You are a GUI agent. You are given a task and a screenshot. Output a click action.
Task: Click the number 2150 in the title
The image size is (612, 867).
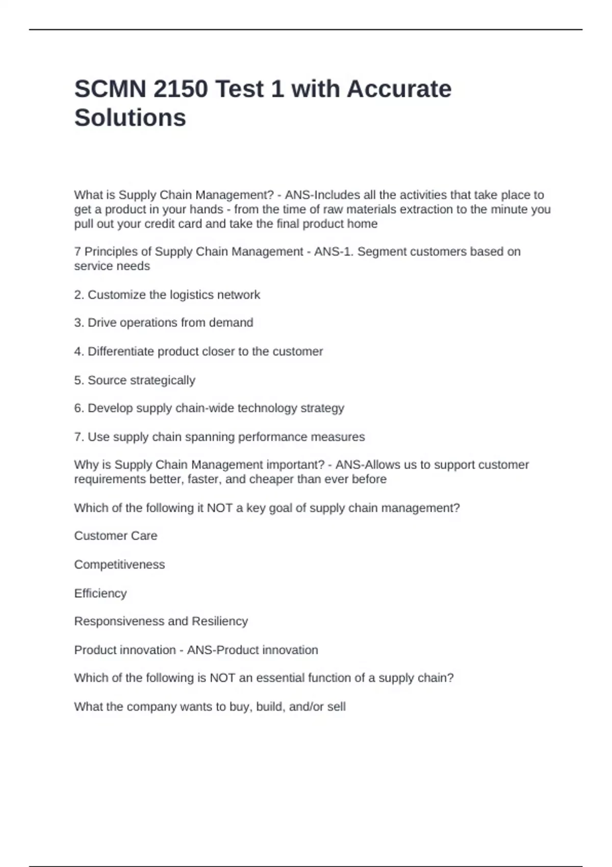pos(180,89)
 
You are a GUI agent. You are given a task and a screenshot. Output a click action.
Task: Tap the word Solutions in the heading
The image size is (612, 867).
pos(130,118)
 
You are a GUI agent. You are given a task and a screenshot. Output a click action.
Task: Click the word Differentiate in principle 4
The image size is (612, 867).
pos(121,351)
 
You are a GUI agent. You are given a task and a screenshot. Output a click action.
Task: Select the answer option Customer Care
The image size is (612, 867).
pos(116,536)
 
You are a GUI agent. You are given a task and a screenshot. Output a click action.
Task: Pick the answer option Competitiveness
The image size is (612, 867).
pos(119,565)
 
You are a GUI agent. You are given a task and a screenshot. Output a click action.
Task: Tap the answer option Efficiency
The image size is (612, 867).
pos(100,594)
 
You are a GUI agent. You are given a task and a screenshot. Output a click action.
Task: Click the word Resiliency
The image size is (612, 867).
pos(220,621)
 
